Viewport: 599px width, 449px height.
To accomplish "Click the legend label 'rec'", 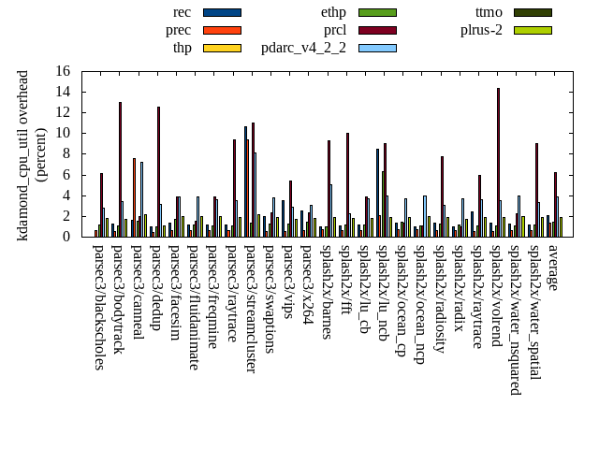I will pyautogui.click(x=183, y=12).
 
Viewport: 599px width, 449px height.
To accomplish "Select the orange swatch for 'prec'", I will pyautogui.click(x=222, y=30).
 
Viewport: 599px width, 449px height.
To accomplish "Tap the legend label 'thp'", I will pyautogui.click(x=182, y=48).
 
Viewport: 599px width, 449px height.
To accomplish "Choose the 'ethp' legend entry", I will pyautogui.click(x=333, y=12).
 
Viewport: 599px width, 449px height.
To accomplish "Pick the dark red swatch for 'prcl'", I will pyautogui.click(x=377, y=30).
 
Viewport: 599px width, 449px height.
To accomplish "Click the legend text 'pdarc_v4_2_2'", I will pyautogui.click(x=303, y=48).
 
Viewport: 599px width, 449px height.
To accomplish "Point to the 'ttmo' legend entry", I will pyautogui.click(x=489, y=12).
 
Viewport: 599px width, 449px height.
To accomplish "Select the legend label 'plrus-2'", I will pyautogui.click(x=481, y=30).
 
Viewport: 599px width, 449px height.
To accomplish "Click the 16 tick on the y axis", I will pyautogui.click(x=63, y=71).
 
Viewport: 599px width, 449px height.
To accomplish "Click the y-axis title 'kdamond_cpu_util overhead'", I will pyautogui.click(x=23, y=154).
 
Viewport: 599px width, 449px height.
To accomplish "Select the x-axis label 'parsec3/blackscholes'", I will pyautogui.click(x=99, y=307).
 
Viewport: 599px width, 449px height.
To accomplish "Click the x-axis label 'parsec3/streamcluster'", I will pyautogui.click(x=251, y=309).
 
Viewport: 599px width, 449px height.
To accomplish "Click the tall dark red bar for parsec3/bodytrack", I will pyautogui.click(x=120, y=169).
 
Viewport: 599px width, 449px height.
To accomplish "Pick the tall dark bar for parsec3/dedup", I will pyautogui.click(x=158, y=172).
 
